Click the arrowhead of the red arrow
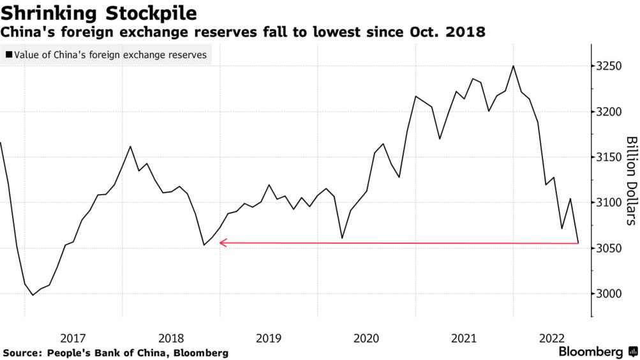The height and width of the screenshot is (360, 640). tap(221, 243)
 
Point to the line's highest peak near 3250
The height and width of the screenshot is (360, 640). tap(513, 66)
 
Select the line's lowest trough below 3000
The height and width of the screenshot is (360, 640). tap(33, 295)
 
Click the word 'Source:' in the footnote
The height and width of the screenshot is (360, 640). tap(23, 352)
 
